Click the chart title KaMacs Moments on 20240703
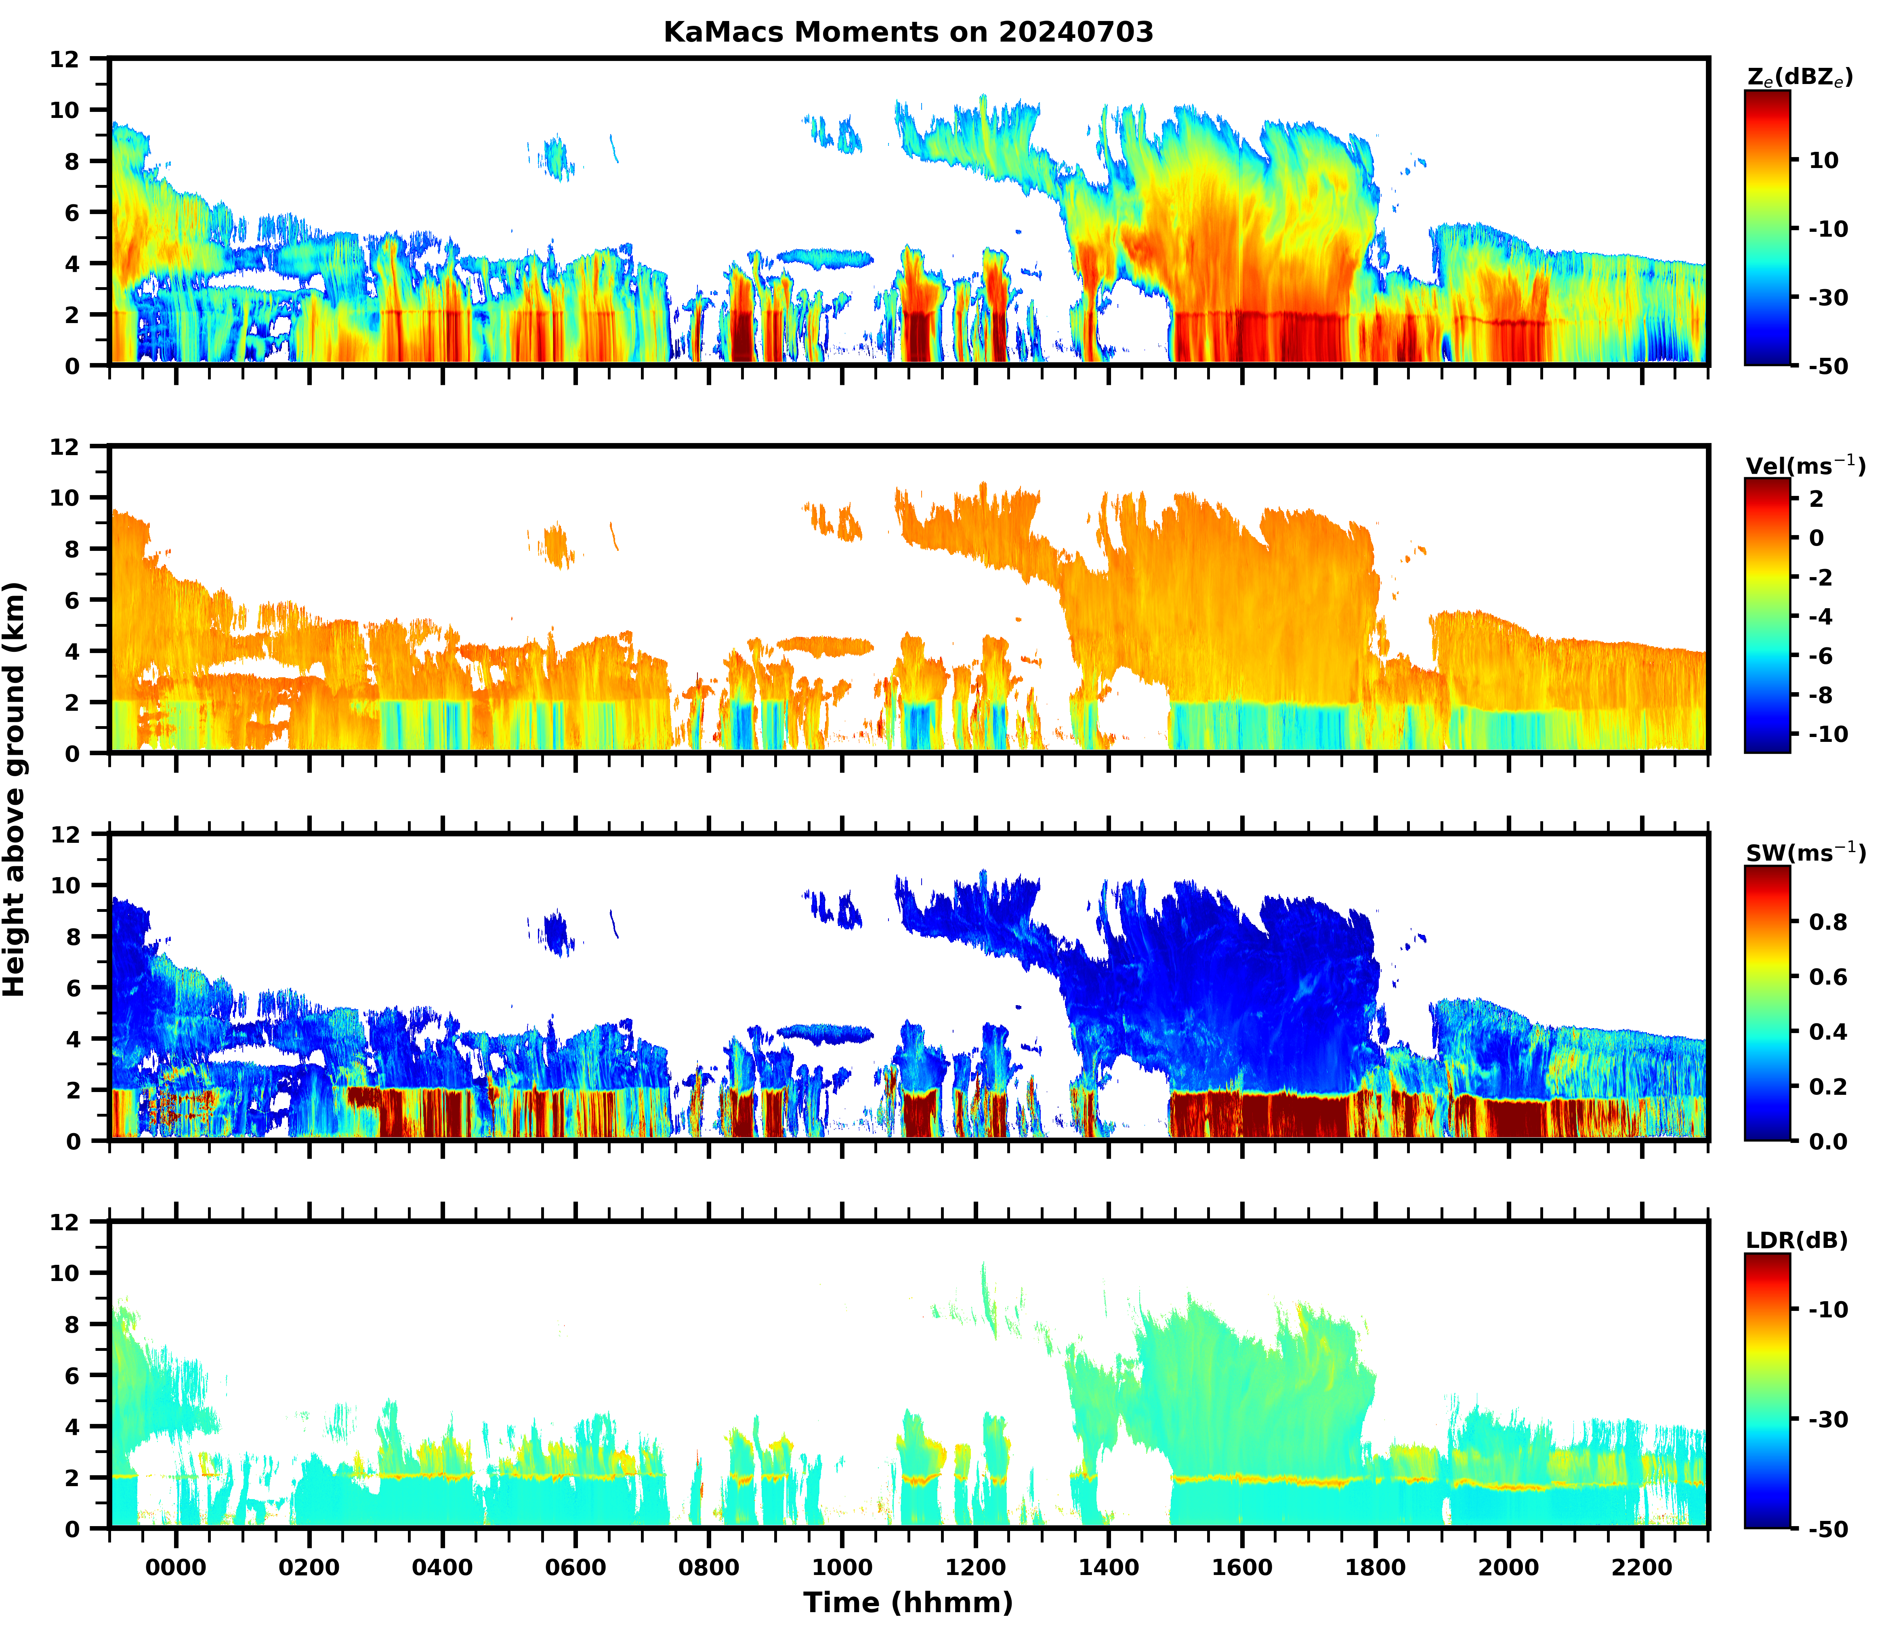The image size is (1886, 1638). pyautogui.click(x=908, y=33)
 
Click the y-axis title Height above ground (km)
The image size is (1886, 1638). pyautogui.click(x=15, y=789)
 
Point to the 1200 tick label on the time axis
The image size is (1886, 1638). pyautogui.click(x=975, y=1568)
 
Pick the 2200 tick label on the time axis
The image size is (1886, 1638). pyautogui.click(x=1642, y=1568)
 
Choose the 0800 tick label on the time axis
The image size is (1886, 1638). pyautogui.click(x=708, y=1568)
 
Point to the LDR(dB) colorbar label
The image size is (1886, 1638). pyautogui.click(x=1796, y=1240)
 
